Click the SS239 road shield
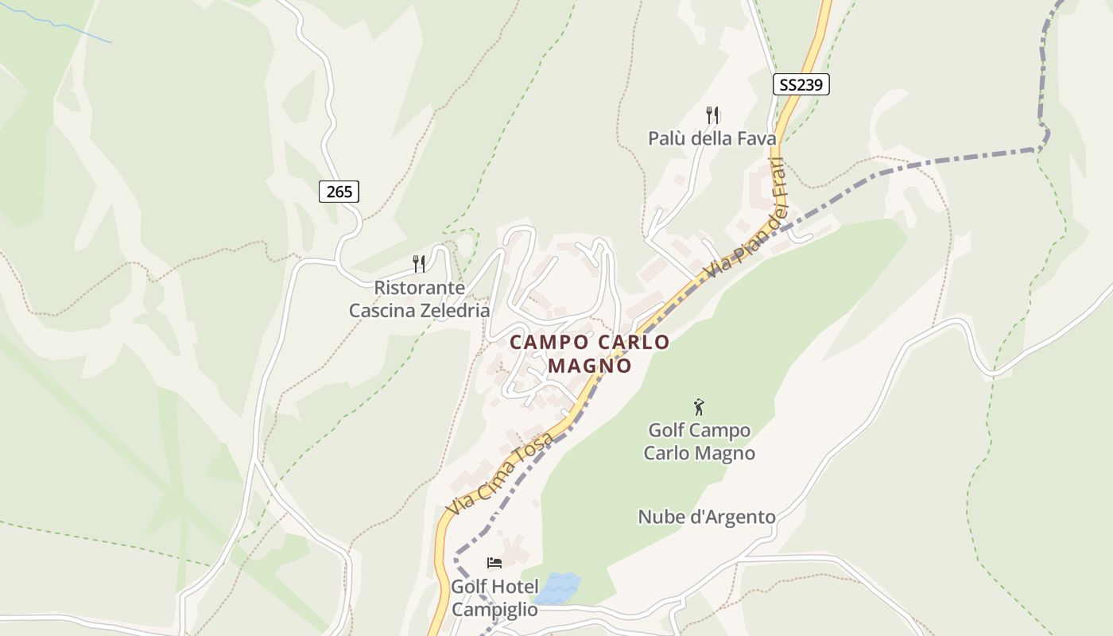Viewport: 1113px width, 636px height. click(x=801, y=84)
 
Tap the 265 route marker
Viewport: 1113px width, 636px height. click(x=339, y=191)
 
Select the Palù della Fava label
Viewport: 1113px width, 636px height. click(x=712, y=138)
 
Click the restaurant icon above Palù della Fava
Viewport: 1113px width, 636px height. click(x=712, y=115)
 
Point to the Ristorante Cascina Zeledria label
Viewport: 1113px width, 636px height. click(x=419, y=299)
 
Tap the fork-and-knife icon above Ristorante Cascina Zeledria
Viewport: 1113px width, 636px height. click(x=419, y=263)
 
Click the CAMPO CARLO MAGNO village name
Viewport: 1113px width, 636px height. click(x=589, y=354)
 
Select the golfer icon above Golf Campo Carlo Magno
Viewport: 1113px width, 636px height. click(x=699, y=407)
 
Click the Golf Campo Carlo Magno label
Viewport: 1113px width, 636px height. click(x=699, y=442)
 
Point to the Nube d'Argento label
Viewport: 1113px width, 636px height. click(x=706, y=518)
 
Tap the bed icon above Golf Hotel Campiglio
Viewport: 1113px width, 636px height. click(x=494, y=563)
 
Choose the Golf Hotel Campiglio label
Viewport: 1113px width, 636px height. click(x=494, y=598)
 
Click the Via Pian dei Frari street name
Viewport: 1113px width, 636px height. click(x=745, y=219)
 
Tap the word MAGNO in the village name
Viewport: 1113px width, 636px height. click(x=589, y=366)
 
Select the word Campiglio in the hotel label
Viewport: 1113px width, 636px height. click(x=494, y=610)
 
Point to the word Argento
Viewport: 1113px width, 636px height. click(x=742, y=518)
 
